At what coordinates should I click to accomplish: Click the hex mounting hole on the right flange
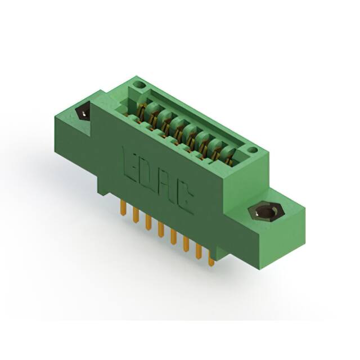pos(263,213)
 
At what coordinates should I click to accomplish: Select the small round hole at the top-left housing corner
pos(140,85)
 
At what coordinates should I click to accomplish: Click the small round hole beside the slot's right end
pos(253,150)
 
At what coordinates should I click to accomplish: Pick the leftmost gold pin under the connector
pos(123,209)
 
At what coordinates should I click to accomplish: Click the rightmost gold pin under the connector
pos(211,259)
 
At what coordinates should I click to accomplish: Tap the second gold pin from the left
pos(136,215)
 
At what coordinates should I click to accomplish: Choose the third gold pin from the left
pos(148,222)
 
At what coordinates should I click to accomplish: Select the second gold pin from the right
pos(198,251)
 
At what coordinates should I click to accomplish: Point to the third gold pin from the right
pos(186,244)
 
